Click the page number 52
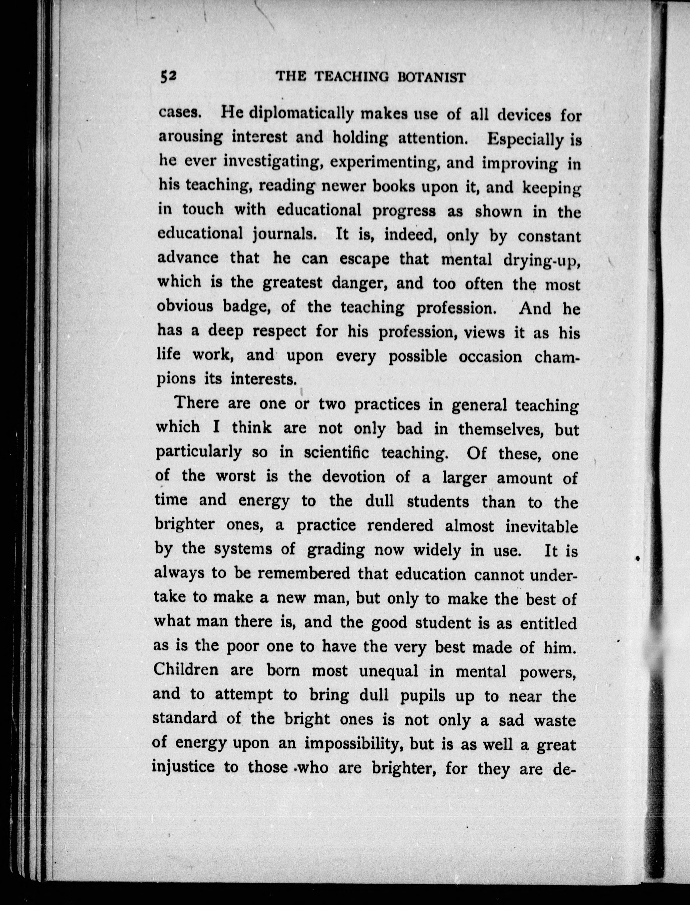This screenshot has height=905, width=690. [x=168, y=76]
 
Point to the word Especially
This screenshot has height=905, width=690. [x=525, y=140]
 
